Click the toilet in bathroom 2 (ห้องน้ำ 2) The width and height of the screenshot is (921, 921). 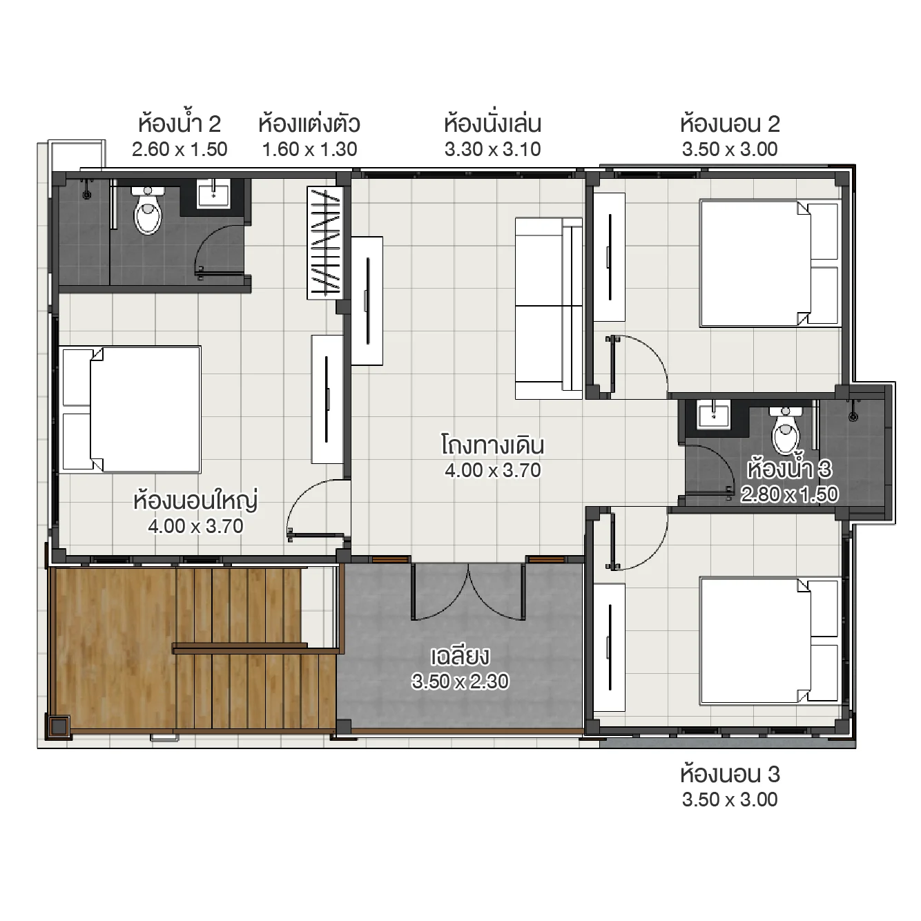148,211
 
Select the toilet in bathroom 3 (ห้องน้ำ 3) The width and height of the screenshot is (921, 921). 786,431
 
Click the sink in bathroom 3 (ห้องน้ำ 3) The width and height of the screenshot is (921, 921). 713,416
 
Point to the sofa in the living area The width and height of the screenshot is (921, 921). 549,309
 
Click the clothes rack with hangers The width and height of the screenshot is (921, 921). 324,243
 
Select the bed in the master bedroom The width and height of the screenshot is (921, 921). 130,409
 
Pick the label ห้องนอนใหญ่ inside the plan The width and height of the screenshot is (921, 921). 195,500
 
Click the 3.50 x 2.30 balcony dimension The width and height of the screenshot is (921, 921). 460,681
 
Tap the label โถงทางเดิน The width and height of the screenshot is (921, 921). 492,445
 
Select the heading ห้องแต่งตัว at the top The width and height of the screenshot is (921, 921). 309,124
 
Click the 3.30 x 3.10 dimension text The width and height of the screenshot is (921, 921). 492,149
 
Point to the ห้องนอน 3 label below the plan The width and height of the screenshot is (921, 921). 730,775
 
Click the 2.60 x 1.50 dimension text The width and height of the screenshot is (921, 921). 180,149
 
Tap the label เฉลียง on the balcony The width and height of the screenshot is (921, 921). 460,655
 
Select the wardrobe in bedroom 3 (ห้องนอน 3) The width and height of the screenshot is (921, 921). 610,648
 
